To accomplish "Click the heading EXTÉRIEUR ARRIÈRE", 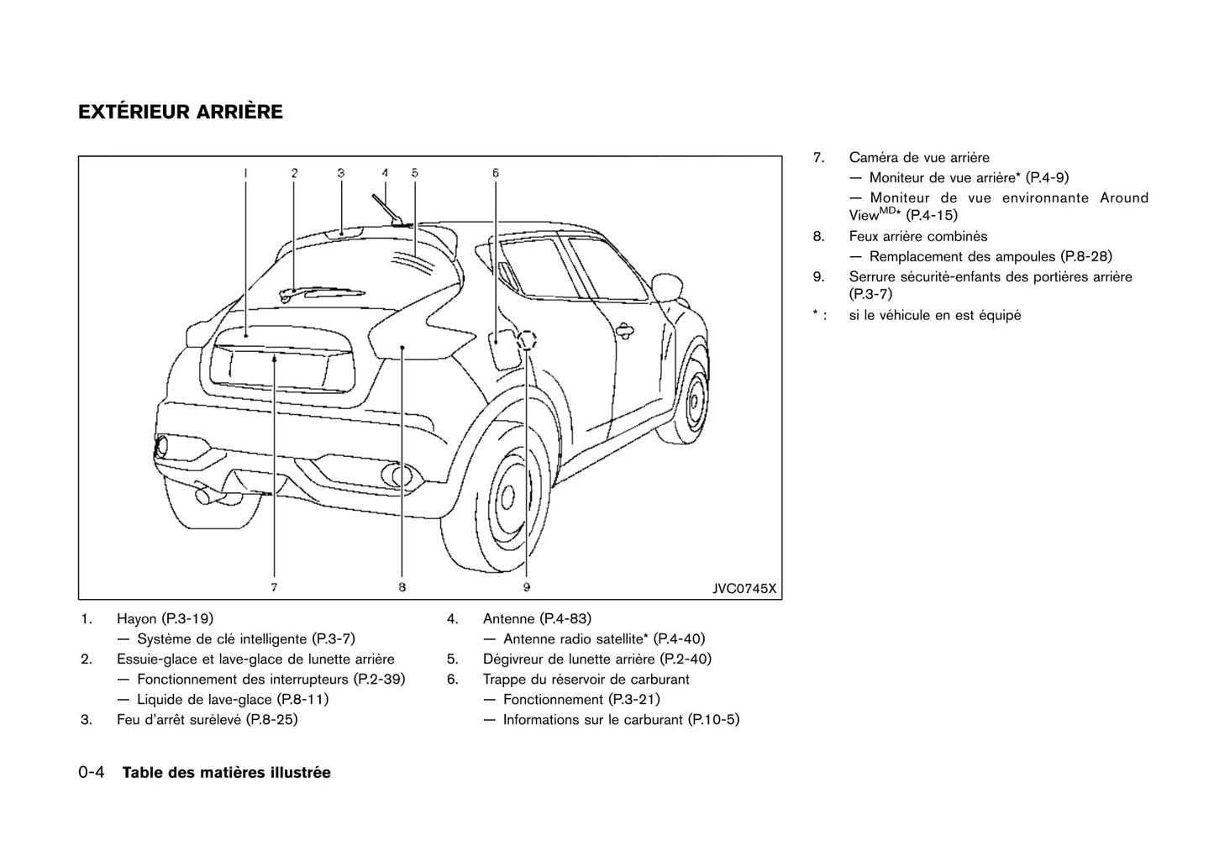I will (x=181, y=112).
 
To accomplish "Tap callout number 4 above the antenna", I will (x=385, y=173).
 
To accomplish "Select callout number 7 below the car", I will (x=274, y=587).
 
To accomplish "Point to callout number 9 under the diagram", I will (x=526, y=587).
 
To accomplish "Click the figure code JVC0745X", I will (x=744, y=589).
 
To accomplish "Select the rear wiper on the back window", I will (x=319, y=292).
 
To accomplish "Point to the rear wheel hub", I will (x=507, y=496).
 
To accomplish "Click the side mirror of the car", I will (x=669, y=286).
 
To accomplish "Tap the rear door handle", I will (x=625, y=330).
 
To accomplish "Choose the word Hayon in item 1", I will (x=137, y=619).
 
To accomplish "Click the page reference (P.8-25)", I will (x=272, y=720).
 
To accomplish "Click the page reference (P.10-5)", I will (x=713, y=720).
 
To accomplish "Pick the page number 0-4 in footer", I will (x=91, y=773).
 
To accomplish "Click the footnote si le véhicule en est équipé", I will (x=934, y=316).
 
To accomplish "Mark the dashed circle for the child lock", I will (x=527, y=340).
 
